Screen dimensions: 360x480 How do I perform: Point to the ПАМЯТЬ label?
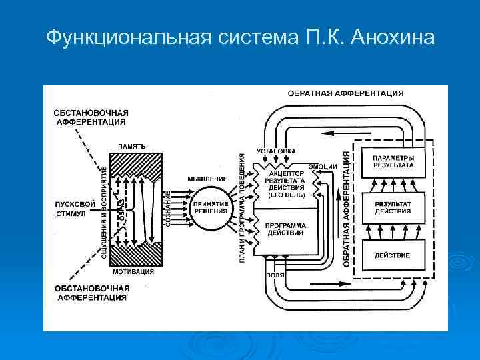pyautogui.click(x=132, y=146)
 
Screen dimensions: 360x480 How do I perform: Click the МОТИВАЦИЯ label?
pyautogui.click(x=133, y=272)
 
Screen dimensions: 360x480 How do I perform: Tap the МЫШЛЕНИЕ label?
pyautogui.click(x=207, y=179)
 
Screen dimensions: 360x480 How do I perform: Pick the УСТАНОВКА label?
pyautogui.click(x=277, y=151)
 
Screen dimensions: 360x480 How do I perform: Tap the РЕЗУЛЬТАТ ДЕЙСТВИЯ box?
pyautogui.click(x=393, y=207)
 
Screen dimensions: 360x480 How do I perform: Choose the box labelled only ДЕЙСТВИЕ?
pyautogui.click(x=393, y=255)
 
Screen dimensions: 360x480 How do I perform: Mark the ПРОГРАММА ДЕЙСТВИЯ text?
pyautogui.click(x=286, y=229)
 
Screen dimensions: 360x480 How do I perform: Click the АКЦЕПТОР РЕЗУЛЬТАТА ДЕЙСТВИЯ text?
pyautogui.click(x=285, y=183)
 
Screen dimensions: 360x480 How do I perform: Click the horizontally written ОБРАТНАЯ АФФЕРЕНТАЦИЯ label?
pyautogui.click(x=345, y=93)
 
